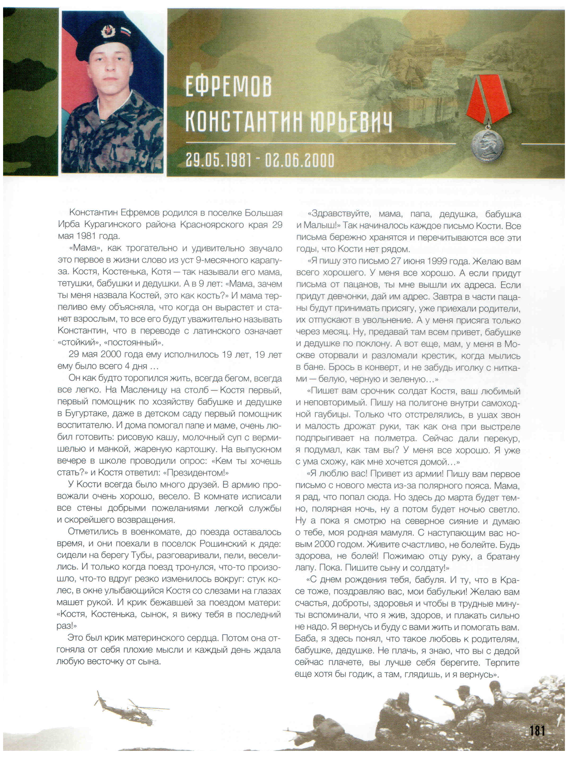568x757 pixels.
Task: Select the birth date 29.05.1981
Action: coord(218,160)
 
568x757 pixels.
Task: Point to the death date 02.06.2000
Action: coord(300,160)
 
